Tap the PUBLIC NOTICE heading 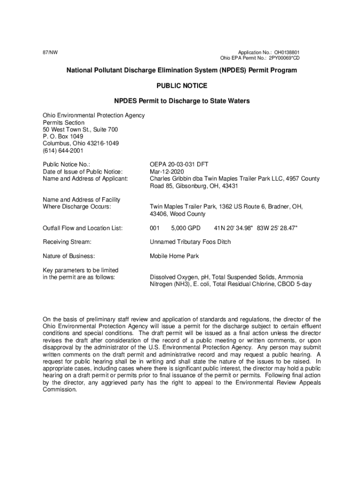click(x=182, y=86)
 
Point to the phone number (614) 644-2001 click(x=63, y=151)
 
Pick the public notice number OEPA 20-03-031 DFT click(x=179, y=164)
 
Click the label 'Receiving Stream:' click(x=67, y=242)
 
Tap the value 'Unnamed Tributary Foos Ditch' click(x=191, y=242)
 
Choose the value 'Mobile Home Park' click(x=174, y=256)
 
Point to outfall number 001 click(x=155, y=228)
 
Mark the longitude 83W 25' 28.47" click(x=277, y=228)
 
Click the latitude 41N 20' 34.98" click(x=234, y=228)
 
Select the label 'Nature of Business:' click(x=69, y=256)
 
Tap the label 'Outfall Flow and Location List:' click(x=83, y=228)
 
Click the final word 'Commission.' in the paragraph click(x=60, y=390)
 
